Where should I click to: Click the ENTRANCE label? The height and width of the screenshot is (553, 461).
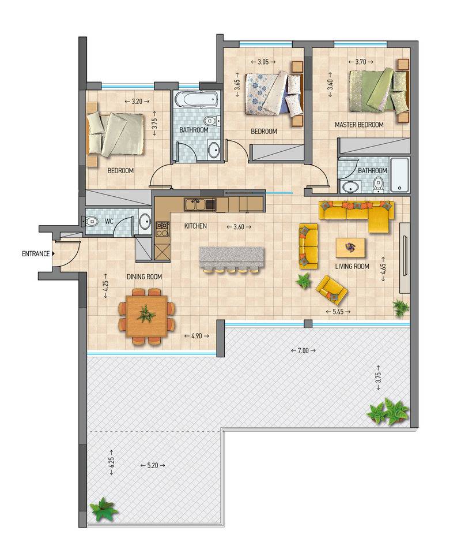coord(36,253)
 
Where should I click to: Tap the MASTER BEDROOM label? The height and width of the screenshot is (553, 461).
coord(359,125)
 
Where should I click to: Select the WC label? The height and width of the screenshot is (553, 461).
coord(109,222)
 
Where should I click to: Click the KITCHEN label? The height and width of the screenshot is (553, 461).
coord(195,226)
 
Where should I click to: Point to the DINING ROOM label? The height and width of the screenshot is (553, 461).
coord(145,277)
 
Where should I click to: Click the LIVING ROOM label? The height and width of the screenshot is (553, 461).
coord(352,266)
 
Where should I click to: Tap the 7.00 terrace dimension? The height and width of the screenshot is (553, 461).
coord(303,350)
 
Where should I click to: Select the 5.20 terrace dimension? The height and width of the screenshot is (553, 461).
coord(153,465)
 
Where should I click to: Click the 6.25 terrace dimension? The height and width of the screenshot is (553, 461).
coord(112,462)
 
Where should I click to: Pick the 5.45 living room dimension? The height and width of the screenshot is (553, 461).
coord(338,312)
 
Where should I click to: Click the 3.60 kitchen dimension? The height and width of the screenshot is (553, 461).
coord(239,227)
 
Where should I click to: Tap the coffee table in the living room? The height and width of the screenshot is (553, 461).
coord(350,248)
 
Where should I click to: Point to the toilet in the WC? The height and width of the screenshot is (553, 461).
coord(90,222)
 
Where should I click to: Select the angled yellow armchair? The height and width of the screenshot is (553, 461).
coord(332,290)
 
